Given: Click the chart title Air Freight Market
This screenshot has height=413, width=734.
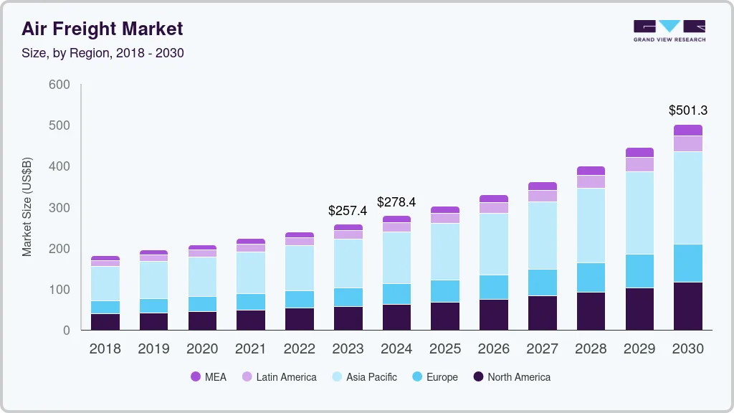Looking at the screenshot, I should tap(102, 29).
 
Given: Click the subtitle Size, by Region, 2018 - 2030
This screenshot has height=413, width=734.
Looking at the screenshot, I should tap(103, 53).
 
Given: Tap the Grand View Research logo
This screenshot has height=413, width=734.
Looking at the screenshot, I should tap(669, 31).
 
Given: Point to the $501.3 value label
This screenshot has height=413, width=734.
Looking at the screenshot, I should tap(688, 110).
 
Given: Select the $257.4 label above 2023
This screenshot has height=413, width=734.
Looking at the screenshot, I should tap(348, 211).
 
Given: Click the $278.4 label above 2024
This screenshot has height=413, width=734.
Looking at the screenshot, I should tap(396, 202).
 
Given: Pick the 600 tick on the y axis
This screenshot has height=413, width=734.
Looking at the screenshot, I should tap(59, 85).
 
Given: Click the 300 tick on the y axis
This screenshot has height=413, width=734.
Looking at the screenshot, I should tap(59, 208).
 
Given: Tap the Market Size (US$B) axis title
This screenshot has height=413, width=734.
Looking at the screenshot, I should tap(27, 206).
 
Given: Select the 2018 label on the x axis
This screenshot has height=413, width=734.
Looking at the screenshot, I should tap(105, 349).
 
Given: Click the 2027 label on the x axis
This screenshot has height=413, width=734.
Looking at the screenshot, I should tap(543, 349).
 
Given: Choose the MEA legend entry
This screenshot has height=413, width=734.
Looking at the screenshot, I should tap(208, 377).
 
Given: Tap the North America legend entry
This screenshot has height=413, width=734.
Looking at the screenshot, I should tap(511, 377).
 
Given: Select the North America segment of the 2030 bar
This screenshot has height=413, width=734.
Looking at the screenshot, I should tap(688, 306).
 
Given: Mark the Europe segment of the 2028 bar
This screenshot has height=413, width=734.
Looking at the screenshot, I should tap(591, 277).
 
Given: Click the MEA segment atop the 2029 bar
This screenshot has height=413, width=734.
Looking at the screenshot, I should tap(639, 152).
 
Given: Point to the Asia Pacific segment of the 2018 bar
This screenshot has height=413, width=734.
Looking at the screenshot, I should tap(105, 283).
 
